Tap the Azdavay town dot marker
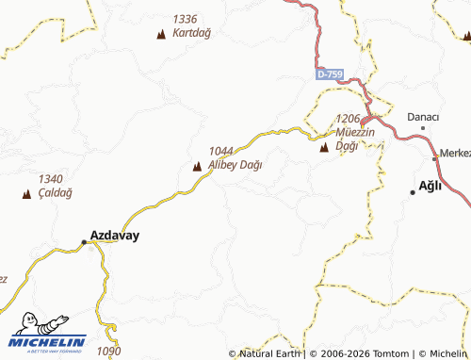[x=84, y=242]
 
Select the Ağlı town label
[x=430, y=187]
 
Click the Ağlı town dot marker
[x=413, y=192]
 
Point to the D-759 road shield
[x=331, y=74]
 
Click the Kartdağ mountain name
[x=193, y=32]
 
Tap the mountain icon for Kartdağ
[x=160, y=35]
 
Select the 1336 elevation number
[x=186, y=19]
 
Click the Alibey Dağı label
[x=235, y=164]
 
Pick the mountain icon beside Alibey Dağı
[x=197, y=167]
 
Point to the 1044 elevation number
[x=221, y=151]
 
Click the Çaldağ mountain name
[x=56, y=192]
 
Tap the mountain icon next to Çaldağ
[x=25, y=194]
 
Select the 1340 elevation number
[x=51, y=179]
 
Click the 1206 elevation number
[x=349, y=119]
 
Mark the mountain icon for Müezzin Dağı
[x=325, y=147]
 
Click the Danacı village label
[x=423, y=116]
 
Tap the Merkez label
[x=456, y=154]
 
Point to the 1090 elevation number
[x=109, y=352]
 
